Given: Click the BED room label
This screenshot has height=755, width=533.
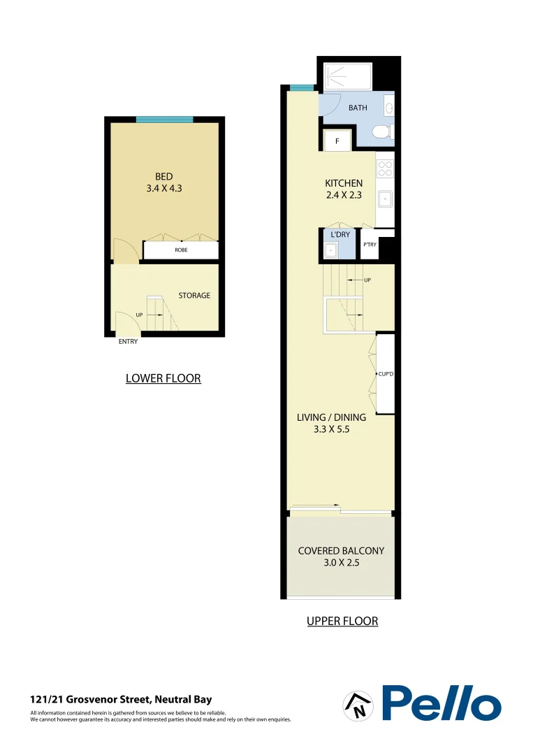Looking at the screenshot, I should pos(163,177).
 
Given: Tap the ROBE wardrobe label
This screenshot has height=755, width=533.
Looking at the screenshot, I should pos(181,250).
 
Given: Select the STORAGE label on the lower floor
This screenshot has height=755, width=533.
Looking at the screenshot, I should pos(194,296).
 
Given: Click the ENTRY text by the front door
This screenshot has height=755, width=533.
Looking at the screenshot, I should pos(128,342).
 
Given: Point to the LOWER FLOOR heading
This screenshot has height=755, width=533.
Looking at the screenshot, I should pos(163,379).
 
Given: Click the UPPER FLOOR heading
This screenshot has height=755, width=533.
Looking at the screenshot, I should pos(342,621).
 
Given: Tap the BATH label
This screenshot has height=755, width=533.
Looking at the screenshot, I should pos(358,108).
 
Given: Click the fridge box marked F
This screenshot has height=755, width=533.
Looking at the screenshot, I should pos(337,141).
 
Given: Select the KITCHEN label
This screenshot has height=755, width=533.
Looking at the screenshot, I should pos(344,183).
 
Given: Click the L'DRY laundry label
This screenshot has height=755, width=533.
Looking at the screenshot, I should pos(340,235).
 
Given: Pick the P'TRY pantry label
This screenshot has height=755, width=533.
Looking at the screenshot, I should pos(370,245).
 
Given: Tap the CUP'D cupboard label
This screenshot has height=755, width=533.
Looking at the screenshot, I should pos(387,375).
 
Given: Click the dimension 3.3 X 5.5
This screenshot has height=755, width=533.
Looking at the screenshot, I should pos(331,430).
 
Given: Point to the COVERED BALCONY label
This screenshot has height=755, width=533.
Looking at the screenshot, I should pos(341,551).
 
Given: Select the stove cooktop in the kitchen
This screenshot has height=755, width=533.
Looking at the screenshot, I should pos(385,168).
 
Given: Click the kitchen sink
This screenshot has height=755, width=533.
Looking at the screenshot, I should pos(385,199).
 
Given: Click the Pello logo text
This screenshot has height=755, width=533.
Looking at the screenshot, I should pos(441,703).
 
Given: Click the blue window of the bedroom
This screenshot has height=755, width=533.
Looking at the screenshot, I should pos(164,120).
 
